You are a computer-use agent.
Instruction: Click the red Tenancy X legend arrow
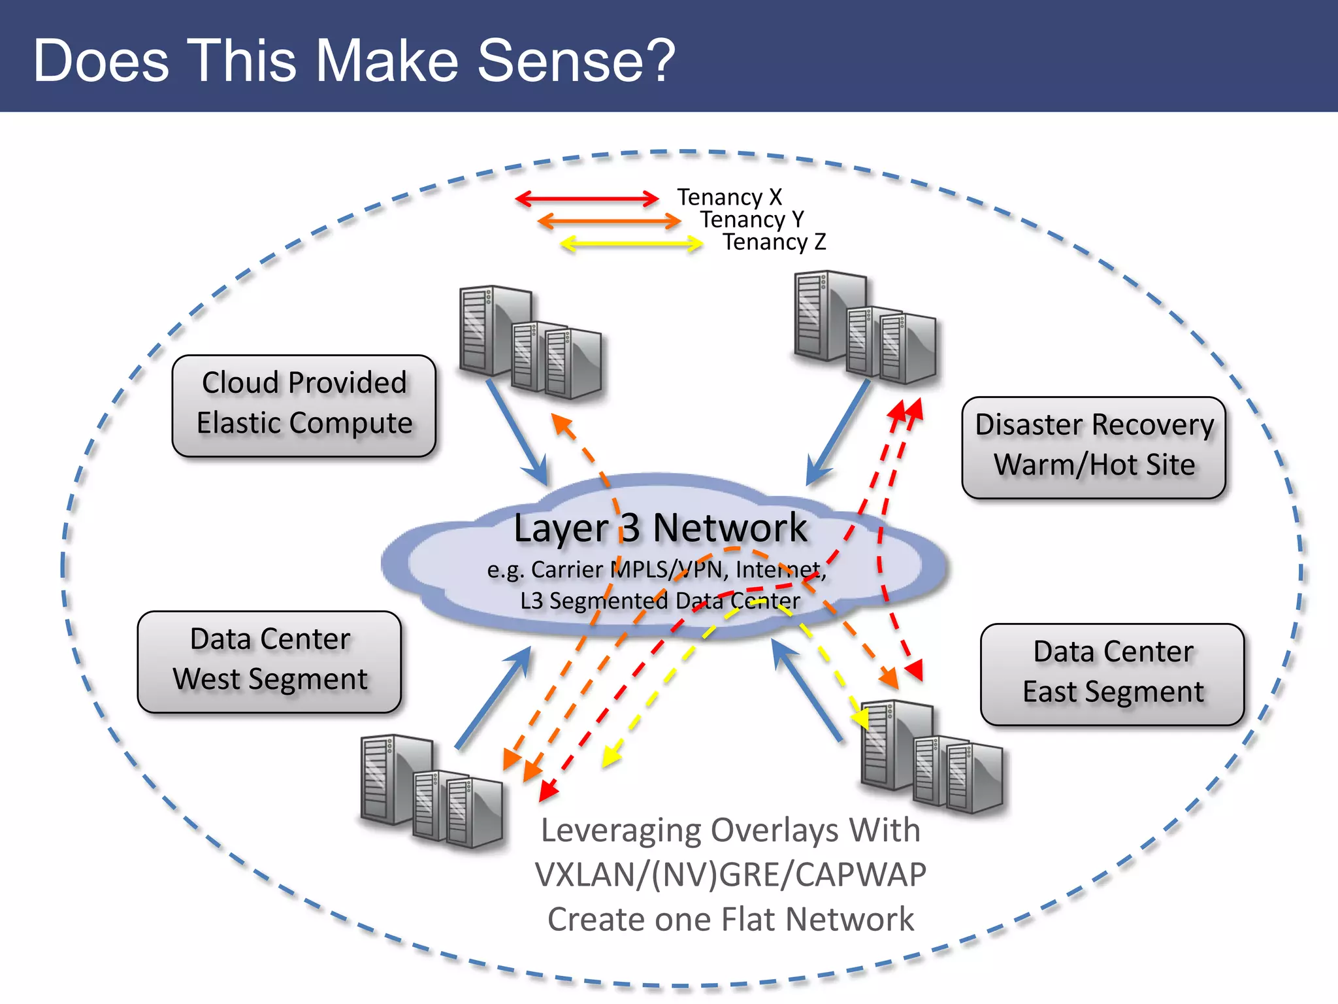pyautogui.click(x=587, y=199)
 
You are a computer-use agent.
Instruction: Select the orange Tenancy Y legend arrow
pyautogui.click(x=609, y=221)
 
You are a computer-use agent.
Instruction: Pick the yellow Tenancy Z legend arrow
pyautogui.click(x=631, y=244)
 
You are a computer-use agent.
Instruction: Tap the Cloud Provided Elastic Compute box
pyautogui.click(x=304, y=405)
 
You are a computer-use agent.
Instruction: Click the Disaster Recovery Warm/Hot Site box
pyautogui.click(x=1094, y=447)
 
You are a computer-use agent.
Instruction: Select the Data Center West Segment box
pyautogui.click(x=269, y=661)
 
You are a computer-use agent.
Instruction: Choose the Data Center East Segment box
pyautogui.click(x=1112, y=673)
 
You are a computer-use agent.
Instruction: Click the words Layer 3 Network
pyautogui.click(x=660, y=528)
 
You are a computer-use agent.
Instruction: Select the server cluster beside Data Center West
pyautogui.click(x=431, y=791)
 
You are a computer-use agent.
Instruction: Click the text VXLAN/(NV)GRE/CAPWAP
pyautogui.click(x=730, y=875)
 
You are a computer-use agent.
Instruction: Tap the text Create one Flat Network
pyautogui.click(x=730, y=919)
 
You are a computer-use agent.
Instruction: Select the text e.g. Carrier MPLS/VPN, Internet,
pyautogui.click(x=657, y=570)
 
